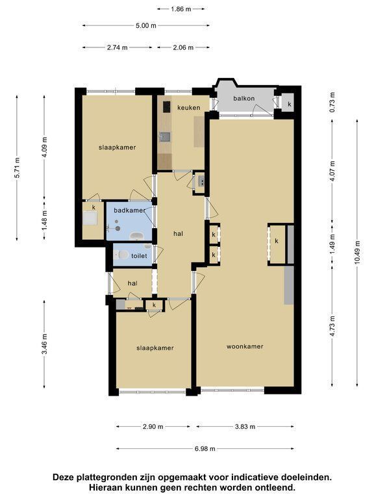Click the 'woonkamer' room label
pos(245,346)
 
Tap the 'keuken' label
pos(189,108)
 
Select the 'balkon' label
pos(244,98)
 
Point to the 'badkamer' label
pos(129,211)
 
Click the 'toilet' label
pos(140,256)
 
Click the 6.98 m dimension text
pos(205,449)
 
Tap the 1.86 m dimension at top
pos(181,9)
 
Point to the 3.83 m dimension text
pos(245,426)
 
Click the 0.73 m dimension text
pos(332,102)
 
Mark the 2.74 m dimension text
pos(118,47)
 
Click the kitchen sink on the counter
pos(165,137)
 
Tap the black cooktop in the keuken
pos(167,107)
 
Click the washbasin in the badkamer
pos(137,236)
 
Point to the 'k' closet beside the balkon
pos(289,104)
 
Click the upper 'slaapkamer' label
pos(117,147)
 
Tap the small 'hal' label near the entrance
pos(132,283)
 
